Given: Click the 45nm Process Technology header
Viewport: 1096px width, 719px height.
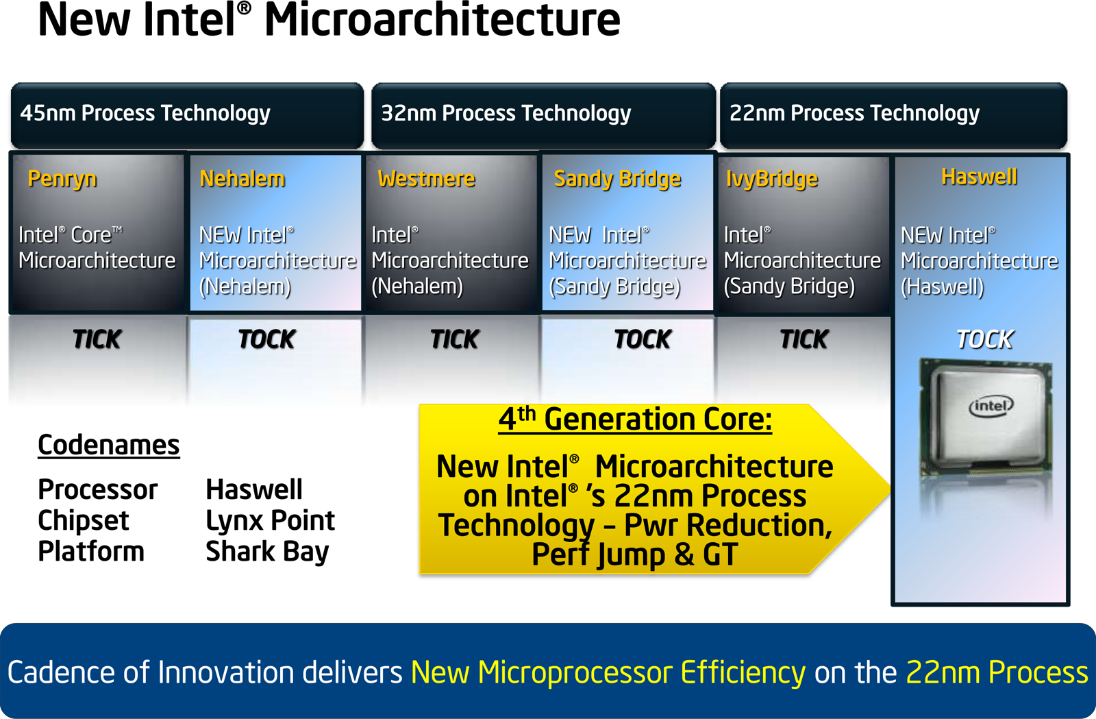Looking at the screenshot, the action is [145, 114].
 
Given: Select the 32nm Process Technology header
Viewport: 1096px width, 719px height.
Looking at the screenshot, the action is [506, 114].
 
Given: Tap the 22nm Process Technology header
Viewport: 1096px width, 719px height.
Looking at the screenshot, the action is [854, 114].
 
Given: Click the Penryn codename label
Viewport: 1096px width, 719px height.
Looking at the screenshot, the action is [62, 180].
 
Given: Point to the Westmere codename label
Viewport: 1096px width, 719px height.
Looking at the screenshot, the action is [426, 179].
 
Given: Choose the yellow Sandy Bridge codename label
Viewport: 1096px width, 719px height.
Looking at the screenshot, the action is [617, 180].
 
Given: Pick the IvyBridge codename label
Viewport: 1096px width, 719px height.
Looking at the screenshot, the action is [771, 180].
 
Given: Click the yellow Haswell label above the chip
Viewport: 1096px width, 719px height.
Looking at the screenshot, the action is [979, 177].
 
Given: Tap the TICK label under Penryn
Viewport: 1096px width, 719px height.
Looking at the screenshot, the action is [97, 339].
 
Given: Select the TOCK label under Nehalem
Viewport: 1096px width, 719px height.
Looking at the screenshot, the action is [267, 339].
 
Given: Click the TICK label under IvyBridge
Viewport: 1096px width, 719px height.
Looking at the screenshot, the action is [804, 339].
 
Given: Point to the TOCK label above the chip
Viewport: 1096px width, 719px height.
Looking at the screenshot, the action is [984, 339].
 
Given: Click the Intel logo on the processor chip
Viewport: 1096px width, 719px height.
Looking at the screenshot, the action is [991, 406].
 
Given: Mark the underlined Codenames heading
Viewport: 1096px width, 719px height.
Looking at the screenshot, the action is [109, 445].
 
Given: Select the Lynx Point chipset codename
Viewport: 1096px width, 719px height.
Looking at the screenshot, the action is [270, 521].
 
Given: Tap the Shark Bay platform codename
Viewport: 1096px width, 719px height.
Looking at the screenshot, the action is [267, 552].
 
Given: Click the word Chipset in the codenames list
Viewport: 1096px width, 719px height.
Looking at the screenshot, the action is [83, 521].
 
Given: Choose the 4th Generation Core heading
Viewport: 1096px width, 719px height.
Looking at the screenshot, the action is [635, 420].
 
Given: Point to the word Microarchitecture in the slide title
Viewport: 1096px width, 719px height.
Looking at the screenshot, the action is [443, 21].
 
